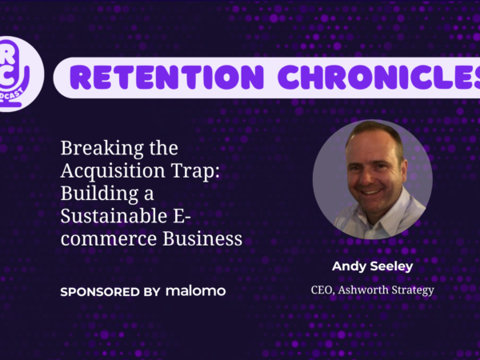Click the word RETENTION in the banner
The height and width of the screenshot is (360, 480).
tap(167, 77)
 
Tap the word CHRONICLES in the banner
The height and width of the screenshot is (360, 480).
tap(379, 77)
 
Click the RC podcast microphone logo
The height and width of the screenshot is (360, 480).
tap(18, 74)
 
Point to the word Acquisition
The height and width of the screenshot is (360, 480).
tap(113, 171)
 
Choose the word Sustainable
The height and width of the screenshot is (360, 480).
tap(114, 216)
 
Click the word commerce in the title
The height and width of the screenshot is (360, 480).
tap(109, 239)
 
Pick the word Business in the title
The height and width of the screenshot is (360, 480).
tap(202, 238)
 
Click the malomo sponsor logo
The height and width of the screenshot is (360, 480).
tap(196, 291)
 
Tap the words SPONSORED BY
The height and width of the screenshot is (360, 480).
tap(110, 292)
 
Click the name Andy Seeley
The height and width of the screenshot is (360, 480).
tap(373, 266)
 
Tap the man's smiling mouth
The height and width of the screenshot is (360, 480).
tap(371, 192)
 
